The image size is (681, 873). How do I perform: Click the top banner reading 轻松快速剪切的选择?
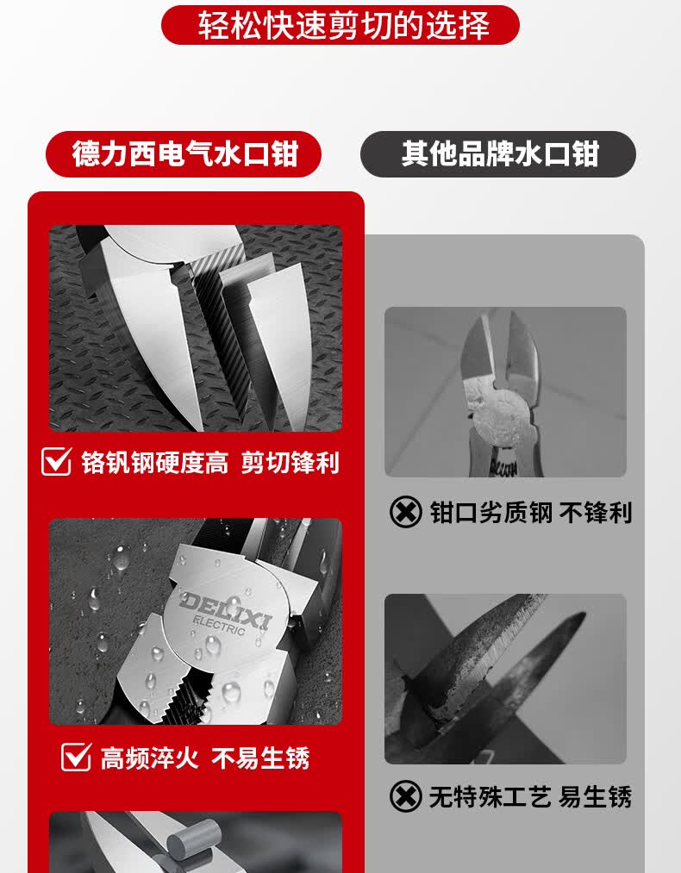coord(340,25)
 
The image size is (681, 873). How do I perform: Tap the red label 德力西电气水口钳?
coord(184,154)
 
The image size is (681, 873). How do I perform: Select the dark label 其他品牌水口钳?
coord(498,154)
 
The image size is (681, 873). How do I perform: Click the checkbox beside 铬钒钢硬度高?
coord(57,462)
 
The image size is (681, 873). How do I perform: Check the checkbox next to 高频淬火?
coord(76,757)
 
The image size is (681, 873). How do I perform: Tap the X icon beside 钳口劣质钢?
coord(405,512)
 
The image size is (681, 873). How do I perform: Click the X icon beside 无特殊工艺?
coord(405,796)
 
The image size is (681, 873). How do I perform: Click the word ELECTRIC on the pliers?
coord(219,626)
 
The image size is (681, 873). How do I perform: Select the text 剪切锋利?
coord(291,463)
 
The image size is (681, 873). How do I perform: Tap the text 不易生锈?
coord(260,758)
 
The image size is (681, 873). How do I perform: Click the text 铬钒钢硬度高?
coord(155,463)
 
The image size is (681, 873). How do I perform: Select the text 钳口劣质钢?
coord(491,513)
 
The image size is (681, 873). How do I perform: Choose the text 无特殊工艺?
coord(490,796)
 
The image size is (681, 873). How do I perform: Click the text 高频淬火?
coord(149,758)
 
